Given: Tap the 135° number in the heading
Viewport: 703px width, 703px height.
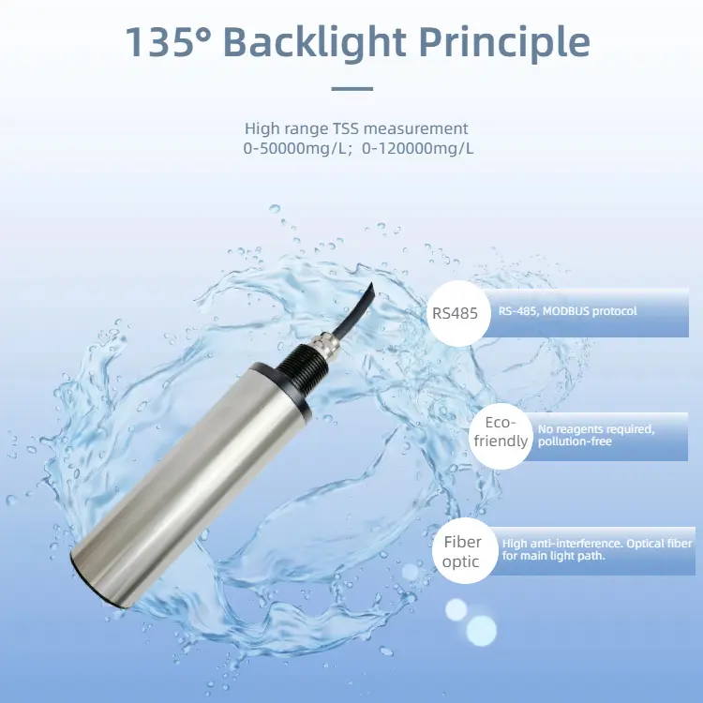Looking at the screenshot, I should [x=166, y=43].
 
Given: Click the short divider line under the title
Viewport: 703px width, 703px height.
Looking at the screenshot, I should [x=352, y=89].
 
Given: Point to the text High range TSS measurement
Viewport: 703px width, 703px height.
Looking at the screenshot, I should [x=356, y=128].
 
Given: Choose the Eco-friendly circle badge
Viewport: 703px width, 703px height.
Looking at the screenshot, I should [x=501, y=432].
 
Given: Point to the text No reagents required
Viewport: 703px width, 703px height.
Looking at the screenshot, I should [x=595, y=428].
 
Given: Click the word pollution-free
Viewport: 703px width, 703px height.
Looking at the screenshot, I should [x=575, y=441].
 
